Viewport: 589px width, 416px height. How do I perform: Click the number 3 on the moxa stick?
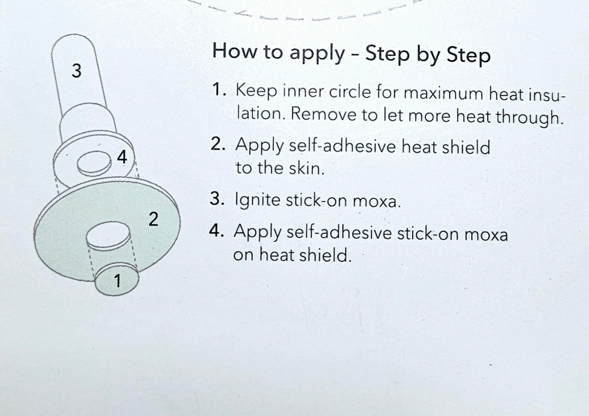tap(77, 71)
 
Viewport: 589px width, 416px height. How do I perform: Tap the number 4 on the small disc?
tap(122, 157)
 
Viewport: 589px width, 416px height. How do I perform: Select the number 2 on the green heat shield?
tap(153, 219)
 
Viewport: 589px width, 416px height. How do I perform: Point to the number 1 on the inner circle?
tap(117, 280)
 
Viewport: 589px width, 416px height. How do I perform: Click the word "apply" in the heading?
tap(317, 54)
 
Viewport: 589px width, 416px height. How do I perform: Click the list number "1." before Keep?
tap(219, 89)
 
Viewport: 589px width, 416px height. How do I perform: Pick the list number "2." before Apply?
tap(218, 144)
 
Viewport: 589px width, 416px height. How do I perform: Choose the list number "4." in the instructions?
tap(216, 230)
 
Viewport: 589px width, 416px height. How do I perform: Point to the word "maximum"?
tap(444, 93)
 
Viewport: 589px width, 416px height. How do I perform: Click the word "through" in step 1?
tap(529, 117)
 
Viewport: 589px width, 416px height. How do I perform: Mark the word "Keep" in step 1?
tap(256, 91)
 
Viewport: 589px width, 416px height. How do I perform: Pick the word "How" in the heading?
tap(235, 51)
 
